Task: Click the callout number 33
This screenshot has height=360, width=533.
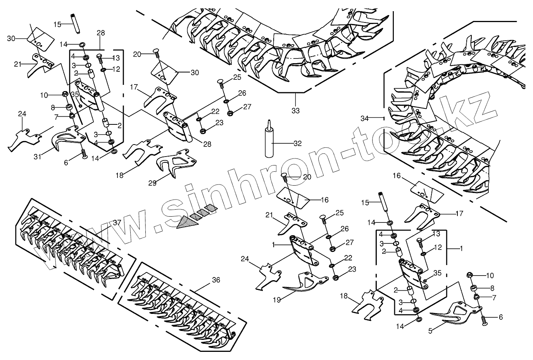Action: point(295,110)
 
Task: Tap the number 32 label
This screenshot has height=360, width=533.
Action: point(297,143)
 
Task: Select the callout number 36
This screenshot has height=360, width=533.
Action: point(216,279)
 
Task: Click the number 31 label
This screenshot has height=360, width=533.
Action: point(38,157)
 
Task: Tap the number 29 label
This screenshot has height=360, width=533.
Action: point(152,183)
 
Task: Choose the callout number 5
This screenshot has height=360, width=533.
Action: point(430,331)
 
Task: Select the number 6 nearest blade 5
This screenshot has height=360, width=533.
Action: point(500,317)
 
